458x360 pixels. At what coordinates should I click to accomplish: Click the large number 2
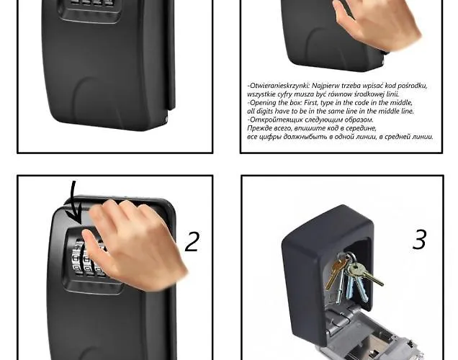click(192, 241)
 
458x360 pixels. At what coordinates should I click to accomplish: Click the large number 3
click(419, 239)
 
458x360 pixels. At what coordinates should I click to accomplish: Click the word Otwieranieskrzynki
click(279, 86)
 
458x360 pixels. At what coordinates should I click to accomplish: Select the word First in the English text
click(312, 102)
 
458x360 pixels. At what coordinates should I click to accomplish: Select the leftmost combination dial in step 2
click(77, 258)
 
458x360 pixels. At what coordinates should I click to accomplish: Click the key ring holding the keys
click(350, 258)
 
